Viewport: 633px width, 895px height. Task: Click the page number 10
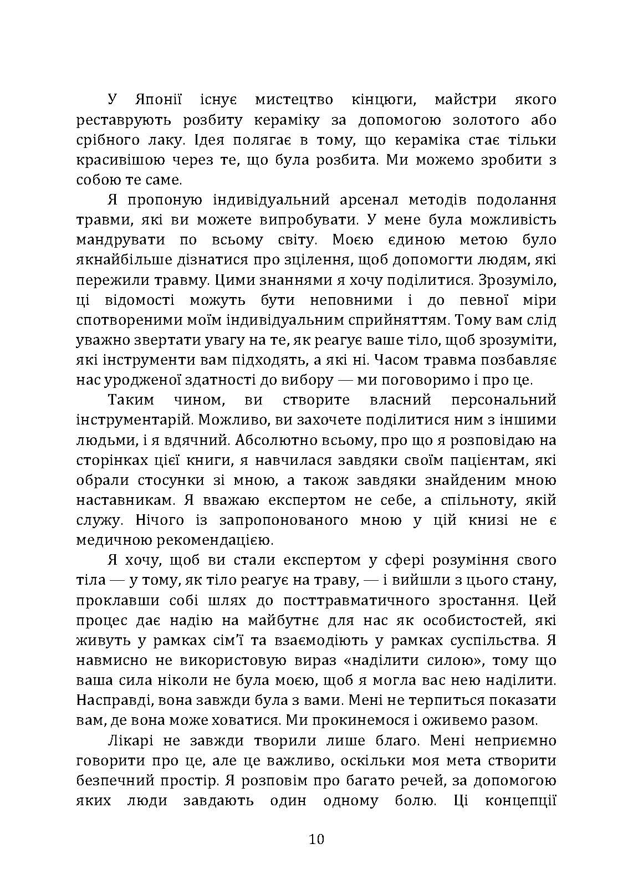[x=316, y=838]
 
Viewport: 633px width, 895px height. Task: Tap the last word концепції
[x=520, y=800]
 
